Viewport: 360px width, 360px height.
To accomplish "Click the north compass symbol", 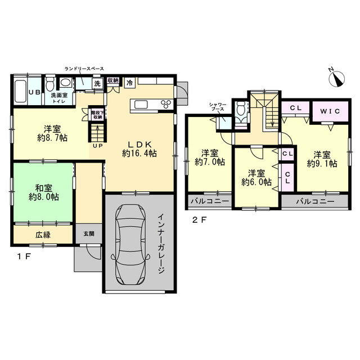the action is [336, 79].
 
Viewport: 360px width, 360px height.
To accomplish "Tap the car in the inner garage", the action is [130, 244].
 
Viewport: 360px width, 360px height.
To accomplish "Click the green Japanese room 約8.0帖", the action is [43, 192].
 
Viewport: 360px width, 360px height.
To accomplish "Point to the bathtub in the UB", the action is [20, 90].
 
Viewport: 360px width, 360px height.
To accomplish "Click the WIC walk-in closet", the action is [330, 111].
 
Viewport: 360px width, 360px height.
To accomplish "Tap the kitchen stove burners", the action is [166, 104].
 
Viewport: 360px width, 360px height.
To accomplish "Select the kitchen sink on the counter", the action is [142, 105].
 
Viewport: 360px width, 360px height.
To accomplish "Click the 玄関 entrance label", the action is [89, 234].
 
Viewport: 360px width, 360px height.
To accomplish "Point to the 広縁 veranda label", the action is [43, 235].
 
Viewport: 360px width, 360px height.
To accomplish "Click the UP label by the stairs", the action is [97, 146].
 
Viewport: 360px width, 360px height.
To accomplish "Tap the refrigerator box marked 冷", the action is [130, 83].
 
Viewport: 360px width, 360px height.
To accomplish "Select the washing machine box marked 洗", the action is [97, 84].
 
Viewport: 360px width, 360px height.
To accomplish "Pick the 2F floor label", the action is [199, 220].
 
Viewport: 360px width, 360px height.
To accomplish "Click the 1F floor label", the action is [24, 256].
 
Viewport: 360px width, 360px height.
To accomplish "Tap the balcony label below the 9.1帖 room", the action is [315, 202].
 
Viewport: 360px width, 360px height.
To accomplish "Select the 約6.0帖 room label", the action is [256, 178].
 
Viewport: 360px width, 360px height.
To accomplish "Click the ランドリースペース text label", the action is [84, 69].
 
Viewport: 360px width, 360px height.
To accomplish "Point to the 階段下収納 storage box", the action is [97, 115].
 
